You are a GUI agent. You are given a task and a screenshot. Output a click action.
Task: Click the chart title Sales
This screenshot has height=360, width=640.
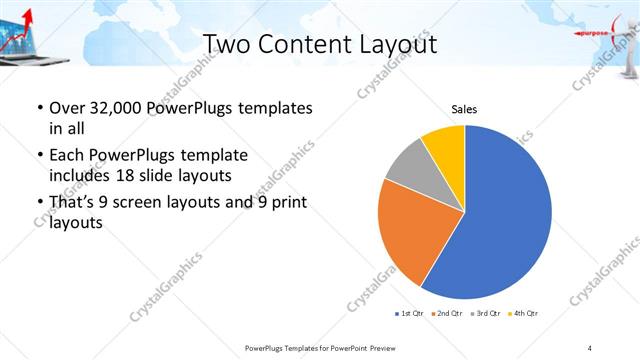coord(464,108)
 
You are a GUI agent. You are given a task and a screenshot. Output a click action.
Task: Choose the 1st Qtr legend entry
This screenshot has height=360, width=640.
coord(409,314)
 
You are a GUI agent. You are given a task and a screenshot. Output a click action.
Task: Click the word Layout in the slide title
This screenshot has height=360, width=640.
coord(391,45)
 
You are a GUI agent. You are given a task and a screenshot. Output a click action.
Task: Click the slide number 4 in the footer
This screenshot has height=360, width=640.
coord(590,347)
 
